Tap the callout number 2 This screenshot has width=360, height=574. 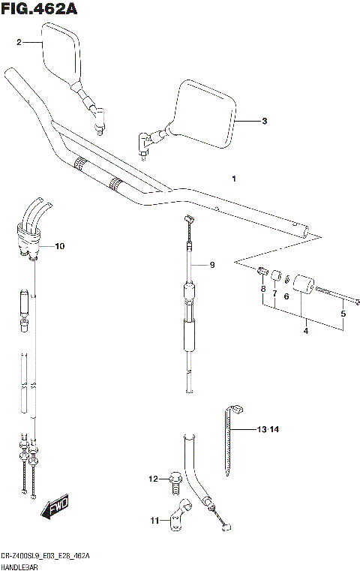pos(19,44)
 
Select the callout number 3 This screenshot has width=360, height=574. pos(263,121)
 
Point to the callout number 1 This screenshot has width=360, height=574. pos(234,179)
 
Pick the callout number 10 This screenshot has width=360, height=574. pos(60,246)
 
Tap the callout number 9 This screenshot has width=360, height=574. pos(211,265)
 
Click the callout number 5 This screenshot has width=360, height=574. pos(343,314)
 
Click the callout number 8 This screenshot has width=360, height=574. pos(263,289)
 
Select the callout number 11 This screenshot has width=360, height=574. pos(154,519)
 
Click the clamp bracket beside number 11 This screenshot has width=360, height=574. pos(178,517)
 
